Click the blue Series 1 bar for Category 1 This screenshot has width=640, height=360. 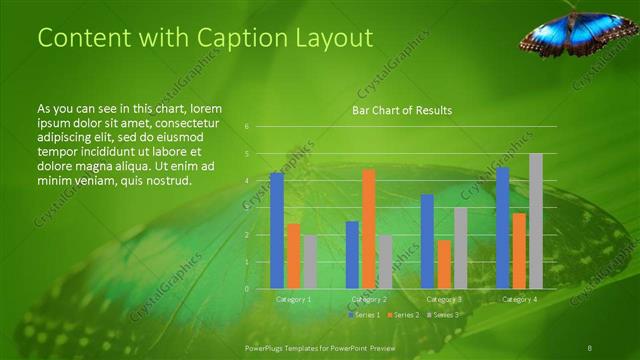coord(277,231)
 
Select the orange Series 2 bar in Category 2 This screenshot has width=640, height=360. coord(368,229)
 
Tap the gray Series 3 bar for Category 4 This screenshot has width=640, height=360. coord(535,221)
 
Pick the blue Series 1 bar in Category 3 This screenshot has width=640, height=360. coord(427,241)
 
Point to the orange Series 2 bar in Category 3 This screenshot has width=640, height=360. coord(444,264)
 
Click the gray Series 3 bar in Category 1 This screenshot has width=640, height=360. coord(310,262)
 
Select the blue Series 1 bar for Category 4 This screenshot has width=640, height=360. coord(502,228)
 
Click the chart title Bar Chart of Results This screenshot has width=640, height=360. coord(402,110)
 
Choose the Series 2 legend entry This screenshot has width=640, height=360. coord(402,314)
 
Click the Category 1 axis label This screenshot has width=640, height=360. coord(293,299)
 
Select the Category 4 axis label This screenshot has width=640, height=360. coord(519,299)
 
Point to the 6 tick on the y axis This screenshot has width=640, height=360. coord(247,127)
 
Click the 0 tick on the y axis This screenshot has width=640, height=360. coord(247,289)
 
